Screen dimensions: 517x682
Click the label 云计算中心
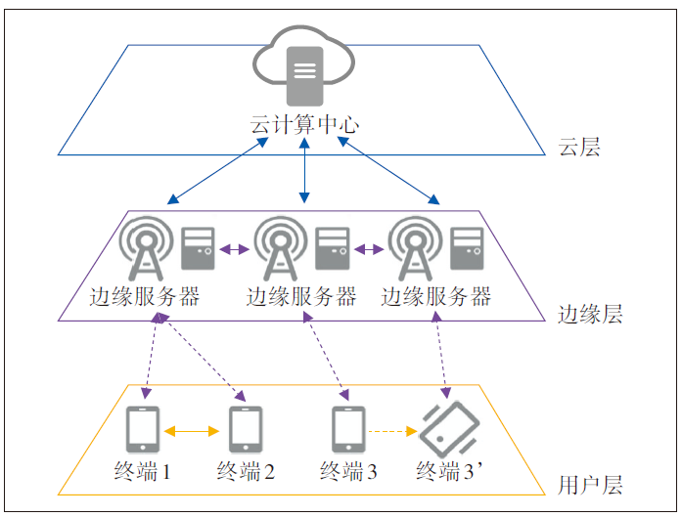click(304, 125)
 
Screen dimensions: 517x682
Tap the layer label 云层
click(578, 148)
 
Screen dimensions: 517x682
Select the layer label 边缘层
click(589, 315)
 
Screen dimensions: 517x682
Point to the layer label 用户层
click(589, 485)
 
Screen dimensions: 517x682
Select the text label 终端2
click(245, 473)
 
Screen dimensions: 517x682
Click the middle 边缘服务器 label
click(300, 297)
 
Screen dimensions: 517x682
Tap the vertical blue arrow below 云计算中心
click(305, 172)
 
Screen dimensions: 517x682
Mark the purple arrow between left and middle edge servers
click(234, 250)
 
